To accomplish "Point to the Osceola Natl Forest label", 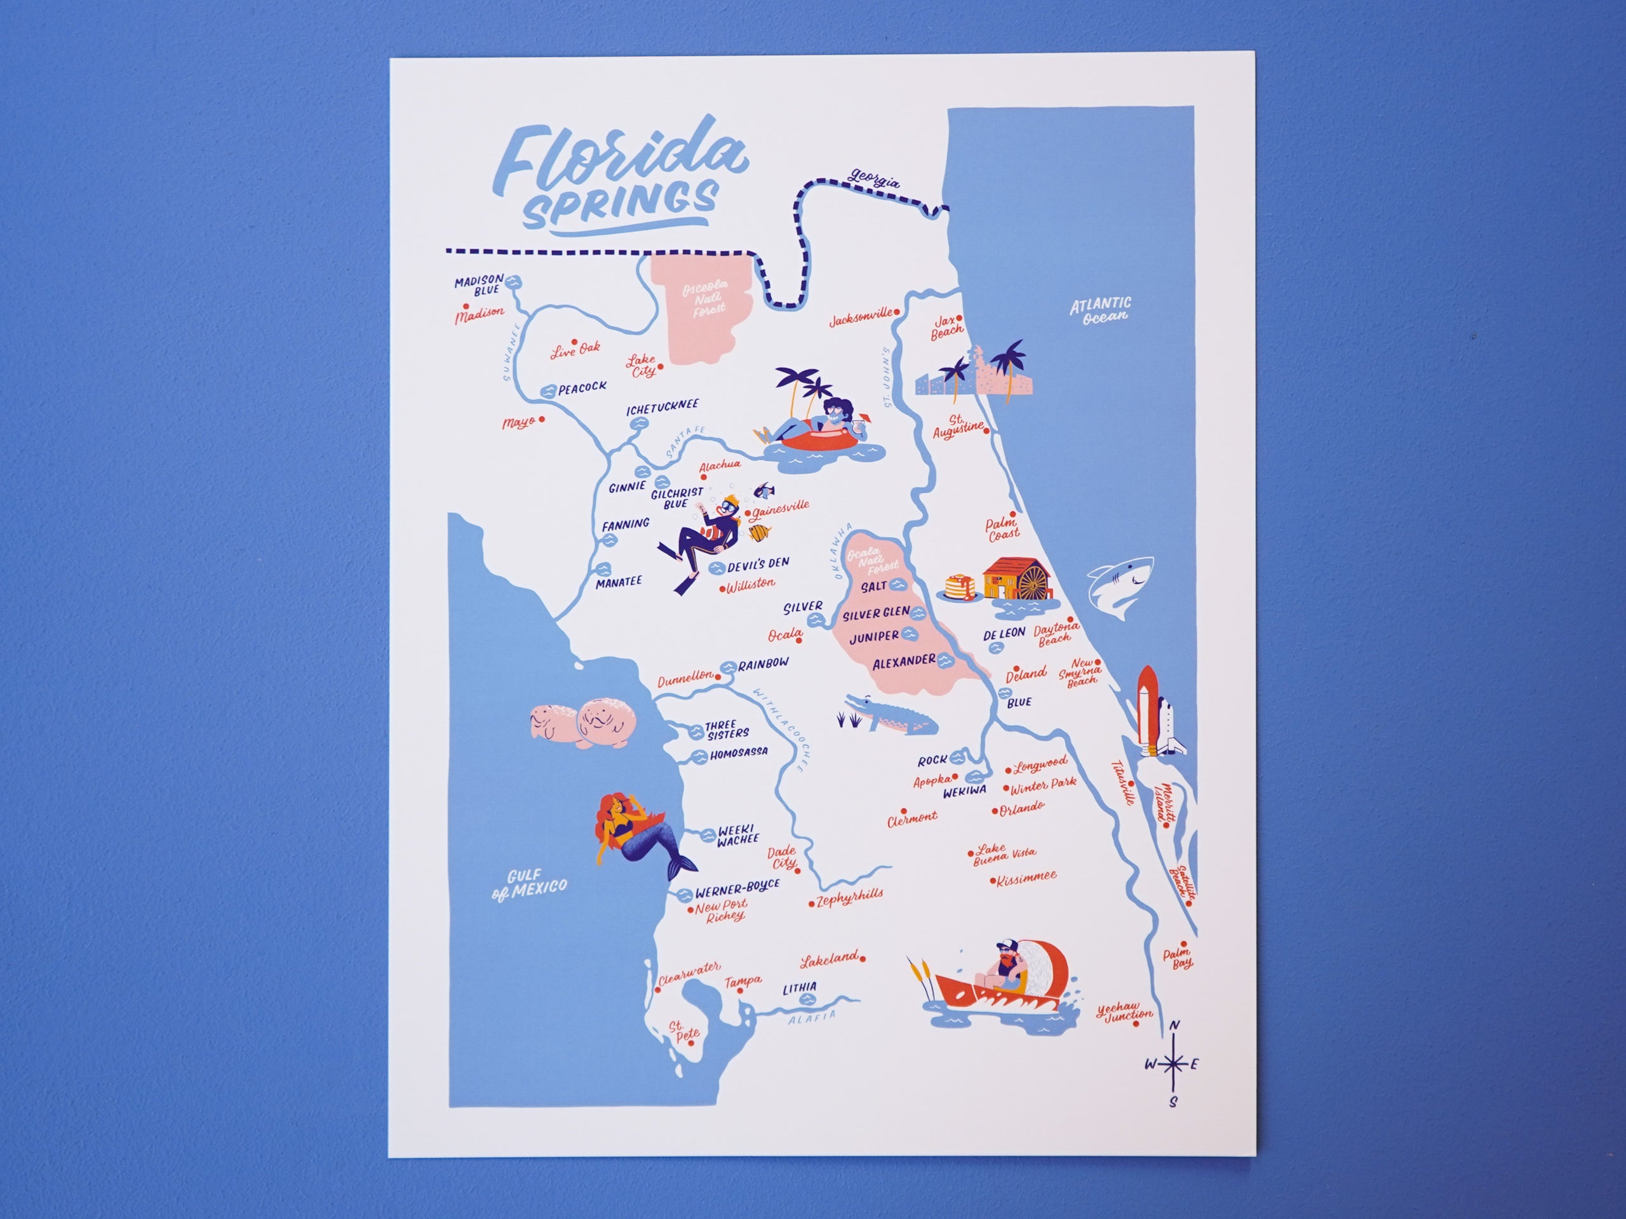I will point(704,298).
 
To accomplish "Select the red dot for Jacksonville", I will point(897,312).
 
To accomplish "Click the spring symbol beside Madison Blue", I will point(514,281).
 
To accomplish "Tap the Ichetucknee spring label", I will point(662,407).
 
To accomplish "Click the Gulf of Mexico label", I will point(528,884).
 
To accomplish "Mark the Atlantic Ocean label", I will point(1099,309).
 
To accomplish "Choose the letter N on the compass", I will point(1174,1026).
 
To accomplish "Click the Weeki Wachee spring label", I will point(737,836).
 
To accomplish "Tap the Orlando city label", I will point(1021,808).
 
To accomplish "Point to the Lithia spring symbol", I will point(807,999).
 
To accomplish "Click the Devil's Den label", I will point(757,564).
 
